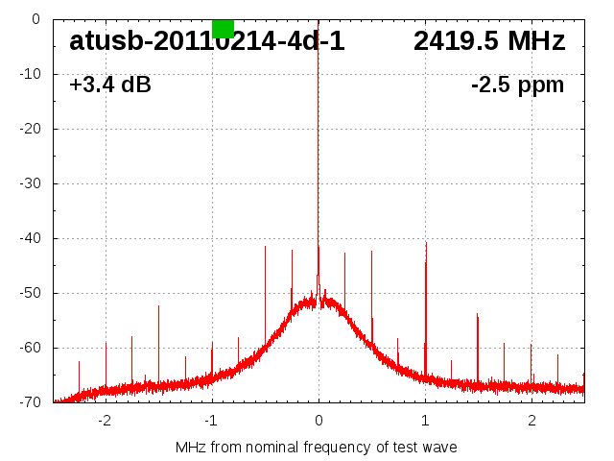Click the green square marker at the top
[x=223, y=28]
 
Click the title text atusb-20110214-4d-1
[x=206, y=42]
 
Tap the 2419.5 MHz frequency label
[x=489, y=42]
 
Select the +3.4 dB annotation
[x=109, y=85]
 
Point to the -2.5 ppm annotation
[x=517, y=85]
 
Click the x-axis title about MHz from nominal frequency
[x=317, y=447]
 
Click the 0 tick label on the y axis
[x=35, y=19]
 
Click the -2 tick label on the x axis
[x=105, y=421]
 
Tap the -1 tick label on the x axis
[x=211, y=421]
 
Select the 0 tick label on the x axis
[x=319, y=421]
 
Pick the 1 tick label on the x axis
[x=425, y=421]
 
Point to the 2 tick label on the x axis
[x=531, y=421]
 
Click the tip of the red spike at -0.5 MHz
[x=265, y=246]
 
